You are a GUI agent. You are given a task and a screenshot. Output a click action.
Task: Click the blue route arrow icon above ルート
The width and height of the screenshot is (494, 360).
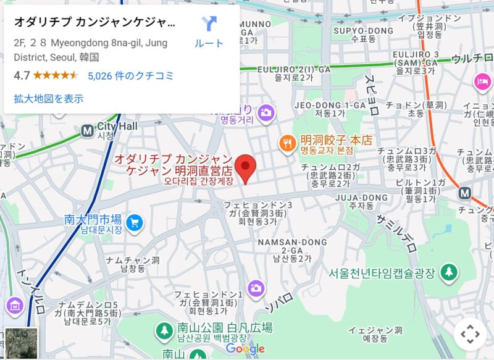[209, 24]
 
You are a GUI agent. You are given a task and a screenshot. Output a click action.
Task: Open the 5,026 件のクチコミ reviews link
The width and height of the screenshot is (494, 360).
[130, 76]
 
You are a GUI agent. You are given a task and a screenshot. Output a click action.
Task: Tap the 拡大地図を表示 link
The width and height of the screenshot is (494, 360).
[48, 98]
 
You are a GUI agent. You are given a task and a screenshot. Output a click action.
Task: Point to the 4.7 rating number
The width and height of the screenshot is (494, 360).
[22, 76]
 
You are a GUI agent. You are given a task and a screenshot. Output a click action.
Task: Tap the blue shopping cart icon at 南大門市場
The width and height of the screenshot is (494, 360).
[133, 222]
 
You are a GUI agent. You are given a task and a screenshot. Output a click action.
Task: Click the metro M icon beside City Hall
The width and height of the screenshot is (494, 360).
[87, 130]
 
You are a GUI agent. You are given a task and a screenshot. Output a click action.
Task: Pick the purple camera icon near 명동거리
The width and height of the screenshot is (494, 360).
[266, 112]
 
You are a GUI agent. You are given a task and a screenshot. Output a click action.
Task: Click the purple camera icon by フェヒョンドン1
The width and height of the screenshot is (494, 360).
[256, 288]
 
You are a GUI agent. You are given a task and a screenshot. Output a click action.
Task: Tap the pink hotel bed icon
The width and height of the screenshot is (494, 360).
[482, 81]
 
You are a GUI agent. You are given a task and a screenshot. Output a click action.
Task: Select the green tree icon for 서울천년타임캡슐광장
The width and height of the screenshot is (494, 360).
[450, 271]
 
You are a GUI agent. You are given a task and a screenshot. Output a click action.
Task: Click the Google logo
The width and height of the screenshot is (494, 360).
[245, 349]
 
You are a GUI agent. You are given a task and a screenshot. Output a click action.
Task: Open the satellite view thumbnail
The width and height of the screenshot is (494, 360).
[21, 343]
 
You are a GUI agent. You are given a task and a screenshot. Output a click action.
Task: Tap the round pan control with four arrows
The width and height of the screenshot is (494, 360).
[470, 334]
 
